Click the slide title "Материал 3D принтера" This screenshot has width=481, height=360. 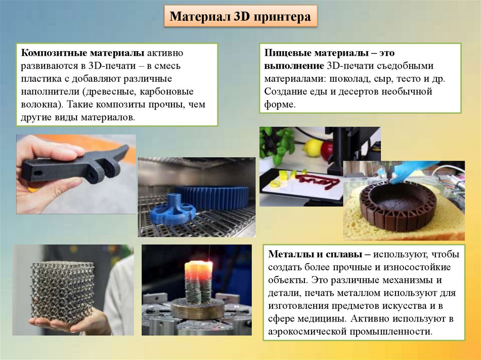240,16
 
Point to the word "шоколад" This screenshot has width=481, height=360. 349,79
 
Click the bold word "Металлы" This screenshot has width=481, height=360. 288,254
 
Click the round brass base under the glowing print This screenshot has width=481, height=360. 197,308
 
